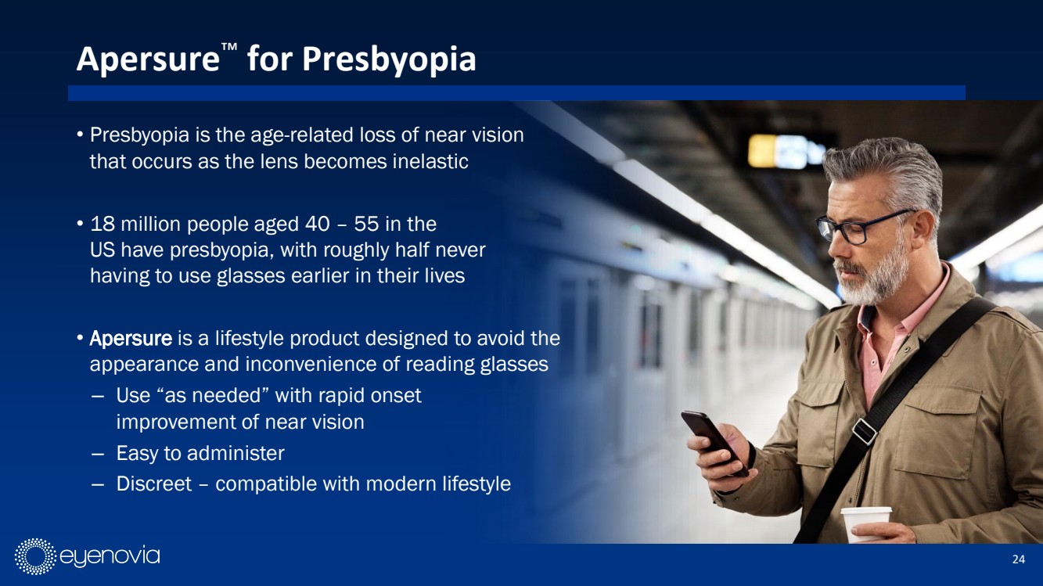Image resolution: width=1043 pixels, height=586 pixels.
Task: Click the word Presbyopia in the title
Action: (389, 60)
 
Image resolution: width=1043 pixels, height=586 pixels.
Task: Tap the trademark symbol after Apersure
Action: (229, 47)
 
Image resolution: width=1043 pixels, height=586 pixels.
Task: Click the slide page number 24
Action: (1018, 559)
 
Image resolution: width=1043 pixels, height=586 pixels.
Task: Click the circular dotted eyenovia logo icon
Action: (35, 556)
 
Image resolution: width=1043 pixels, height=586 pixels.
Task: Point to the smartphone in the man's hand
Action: (714, 441)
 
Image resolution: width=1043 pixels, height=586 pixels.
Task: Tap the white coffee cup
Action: (865, 524)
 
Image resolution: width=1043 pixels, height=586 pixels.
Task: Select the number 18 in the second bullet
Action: (103, 224)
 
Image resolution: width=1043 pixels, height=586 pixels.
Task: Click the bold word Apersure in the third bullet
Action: (131, 339)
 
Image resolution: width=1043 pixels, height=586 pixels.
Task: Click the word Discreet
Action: (153, 484)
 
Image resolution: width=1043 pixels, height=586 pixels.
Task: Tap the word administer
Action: (236, 453)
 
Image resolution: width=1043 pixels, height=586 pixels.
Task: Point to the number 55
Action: (366, 224)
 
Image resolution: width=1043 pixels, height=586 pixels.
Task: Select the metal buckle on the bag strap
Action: (865, 430)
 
